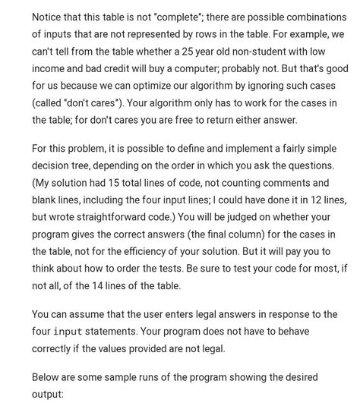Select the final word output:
click(x=50, y=395)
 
